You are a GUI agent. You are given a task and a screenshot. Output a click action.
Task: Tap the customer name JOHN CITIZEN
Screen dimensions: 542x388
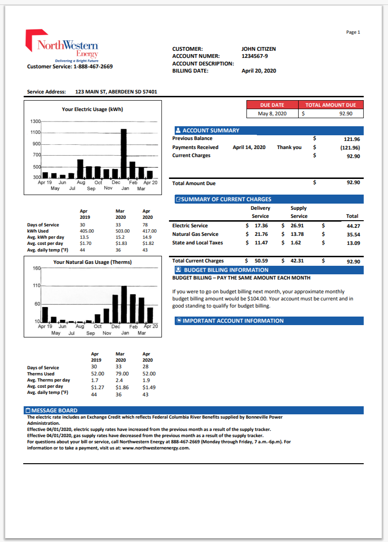click(x=258, y=49)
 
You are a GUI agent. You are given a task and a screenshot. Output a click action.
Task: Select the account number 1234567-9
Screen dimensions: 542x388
click(x=255, y=56)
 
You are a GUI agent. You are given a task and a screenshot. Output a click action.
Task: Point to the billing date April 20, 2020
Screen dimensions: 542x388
click(x=258, y=71)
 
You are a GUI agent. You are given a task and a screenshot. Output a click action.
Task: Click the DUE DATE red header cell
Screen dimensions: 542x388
click(x=272, y=105)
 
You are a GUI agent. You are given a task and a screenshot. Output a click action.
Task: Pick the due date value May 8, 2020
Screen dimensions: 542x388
click(x=272, y=114)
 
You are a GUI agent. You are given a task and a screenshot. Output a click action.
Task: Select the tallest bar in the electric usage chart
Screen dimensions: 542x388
click(x=123, y=153)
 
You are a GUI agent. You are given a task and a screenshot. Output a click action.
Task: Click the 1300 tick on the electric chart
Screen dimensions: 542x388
click(x=36, y=121)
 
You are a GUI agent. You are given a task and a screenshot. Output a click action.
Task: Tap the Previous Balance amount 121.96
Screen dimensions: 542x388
click(x=351, y=139)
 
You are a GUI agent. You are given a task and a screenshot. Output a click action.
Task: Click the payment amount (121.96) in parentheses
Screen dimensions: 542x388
click(x=350, y=148)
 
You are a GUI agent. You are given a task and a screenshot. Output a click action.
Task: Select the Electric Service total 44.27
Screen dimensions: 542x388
click(x=353, y=226)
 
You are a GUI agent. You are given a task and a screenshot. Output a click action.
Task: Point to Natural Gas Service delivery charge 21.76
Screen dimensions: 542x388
click(x=261, y=234)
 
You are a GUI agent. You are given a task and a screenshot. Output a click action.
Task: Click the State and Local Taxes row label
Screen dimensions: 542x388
click(x=197, y=243)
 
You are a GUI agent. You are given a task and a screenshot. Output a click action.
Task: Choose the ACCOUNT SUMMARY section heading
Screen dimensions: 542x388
click(x=210, y=131)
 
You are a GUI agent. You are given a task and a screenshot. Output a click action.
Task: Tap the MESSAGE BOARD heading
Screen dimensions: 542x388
click(x=54, y=411)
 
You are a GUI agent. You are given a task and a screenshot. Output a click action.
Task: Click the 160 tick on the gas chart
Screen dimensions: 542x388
click(x=37, y=268)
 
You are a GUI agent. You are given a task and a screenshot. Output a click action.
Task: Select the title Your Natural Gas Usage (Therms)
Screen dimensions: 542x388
click(x=92, y=262)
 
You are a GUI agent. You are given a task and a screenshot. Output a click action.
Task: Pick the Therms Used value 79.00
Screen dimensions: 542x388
click(x=122, y=374)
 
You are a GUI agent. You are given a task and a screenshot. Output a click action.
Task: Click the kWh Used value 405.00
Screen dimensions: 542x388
click(x=87, y=231)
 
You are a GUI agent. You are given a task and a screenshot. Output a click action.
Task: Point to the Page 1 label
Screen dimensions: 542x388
click(x=353, y=32)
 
